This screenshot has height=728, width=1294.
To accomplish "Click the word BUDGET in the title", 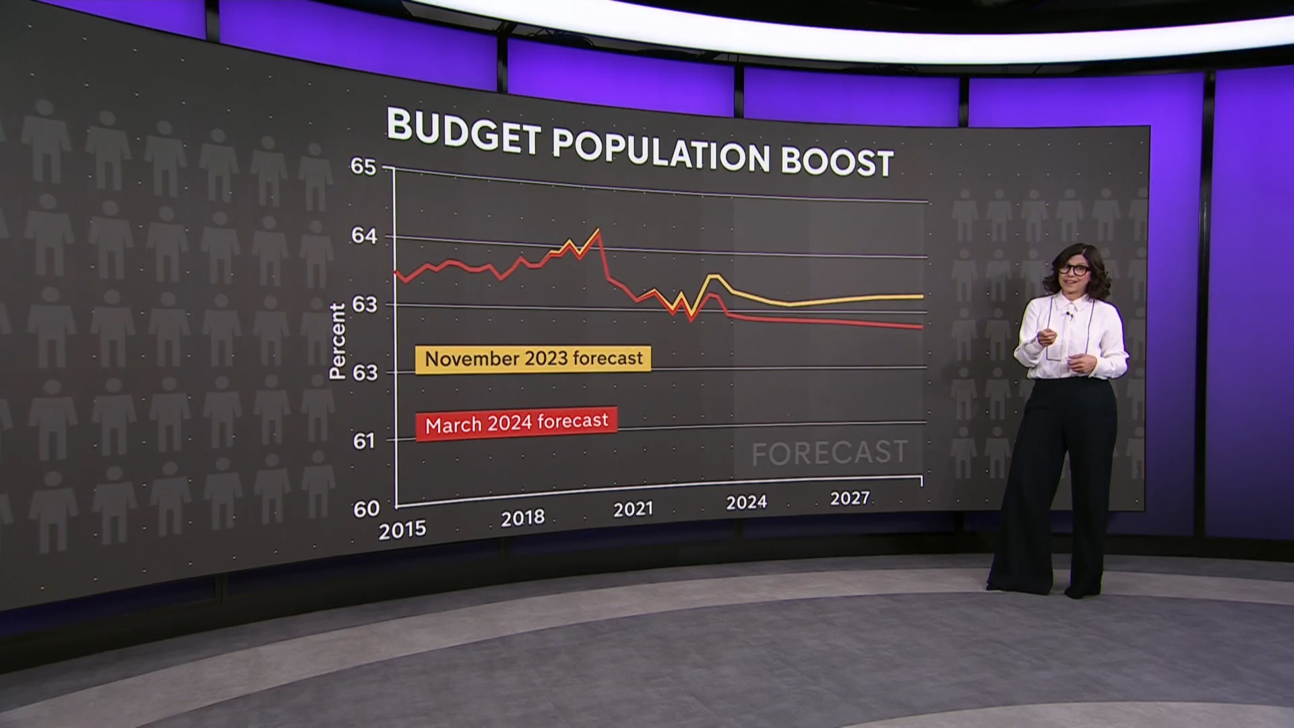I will (464, 131).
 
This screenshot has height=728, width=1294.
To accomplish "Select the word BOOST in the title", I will (837, 162).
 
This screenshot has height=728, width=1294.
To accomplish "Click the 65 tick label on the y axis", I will (363, 166).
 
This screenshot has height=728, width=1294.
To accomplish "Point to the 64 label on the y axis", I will (364, 235).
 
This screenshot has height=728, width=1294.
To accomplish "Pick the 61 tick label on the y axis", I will (363, 441).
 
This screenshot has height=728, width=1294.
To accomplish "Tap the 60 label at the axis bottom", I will (366, 509).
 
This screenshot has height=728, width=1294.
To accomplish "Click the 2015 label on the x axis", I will (402, 530).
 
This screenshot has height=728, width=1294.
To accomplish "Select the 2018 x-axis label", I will (522, 518).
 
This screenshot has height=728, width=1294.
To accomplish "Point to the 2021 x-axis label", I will (633, 509).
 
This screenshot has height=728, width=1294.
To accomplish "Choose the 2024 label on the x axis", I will (746, 502).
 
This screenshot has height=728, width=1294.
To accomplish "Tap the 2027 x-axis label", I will (850, 498).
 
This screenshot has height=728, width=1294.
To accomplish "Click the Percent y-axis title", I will (337, 341).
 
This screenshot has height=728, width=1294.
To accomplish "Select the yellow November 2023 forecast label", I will (533, 359).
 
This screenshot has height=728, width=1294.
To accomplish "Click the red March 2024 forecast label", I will (516, 423).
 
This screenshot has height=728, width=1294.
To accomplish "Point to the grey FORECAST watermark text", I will (829, 453).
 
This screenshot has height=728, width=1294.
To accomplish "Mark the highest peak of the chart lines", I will (597, 231).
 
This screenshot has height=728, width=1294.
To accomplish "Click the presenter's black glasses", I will (1074, 270).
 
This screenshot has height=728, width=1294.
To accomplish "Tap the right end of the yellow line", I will (922, 296).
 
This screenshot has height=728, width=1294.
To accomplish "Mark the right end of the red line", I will (922, 328).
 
